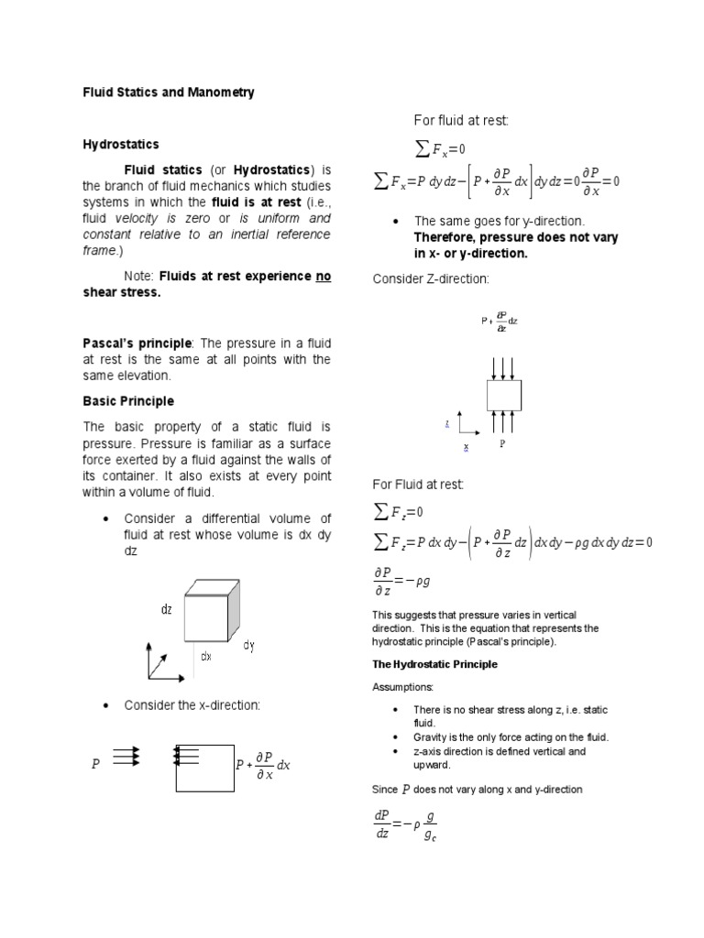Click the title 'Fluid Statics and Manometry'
tap(169, 93)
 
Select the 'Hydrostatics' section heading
tap(121, 145)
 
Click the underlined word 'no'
tap(323, 276)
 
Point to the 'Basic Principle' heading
tap(128, 401)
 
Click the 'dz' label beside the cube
tap(167, 610)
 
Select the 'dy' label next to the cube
tap(248, 646)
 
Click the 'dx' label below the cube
tap(206, 656)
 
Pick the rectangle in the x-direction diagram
tap(204, 766)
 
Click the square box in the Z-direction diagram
tap(503, 395)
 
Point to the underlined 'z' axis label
tap(446, 423)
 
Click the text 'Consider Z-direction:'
tap(431, 278)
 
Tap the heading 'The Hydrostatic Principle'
tap(434, 664)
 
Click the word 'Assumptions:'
tap(404, 686)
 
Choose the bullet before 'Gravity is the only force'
tap(395, 737)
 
